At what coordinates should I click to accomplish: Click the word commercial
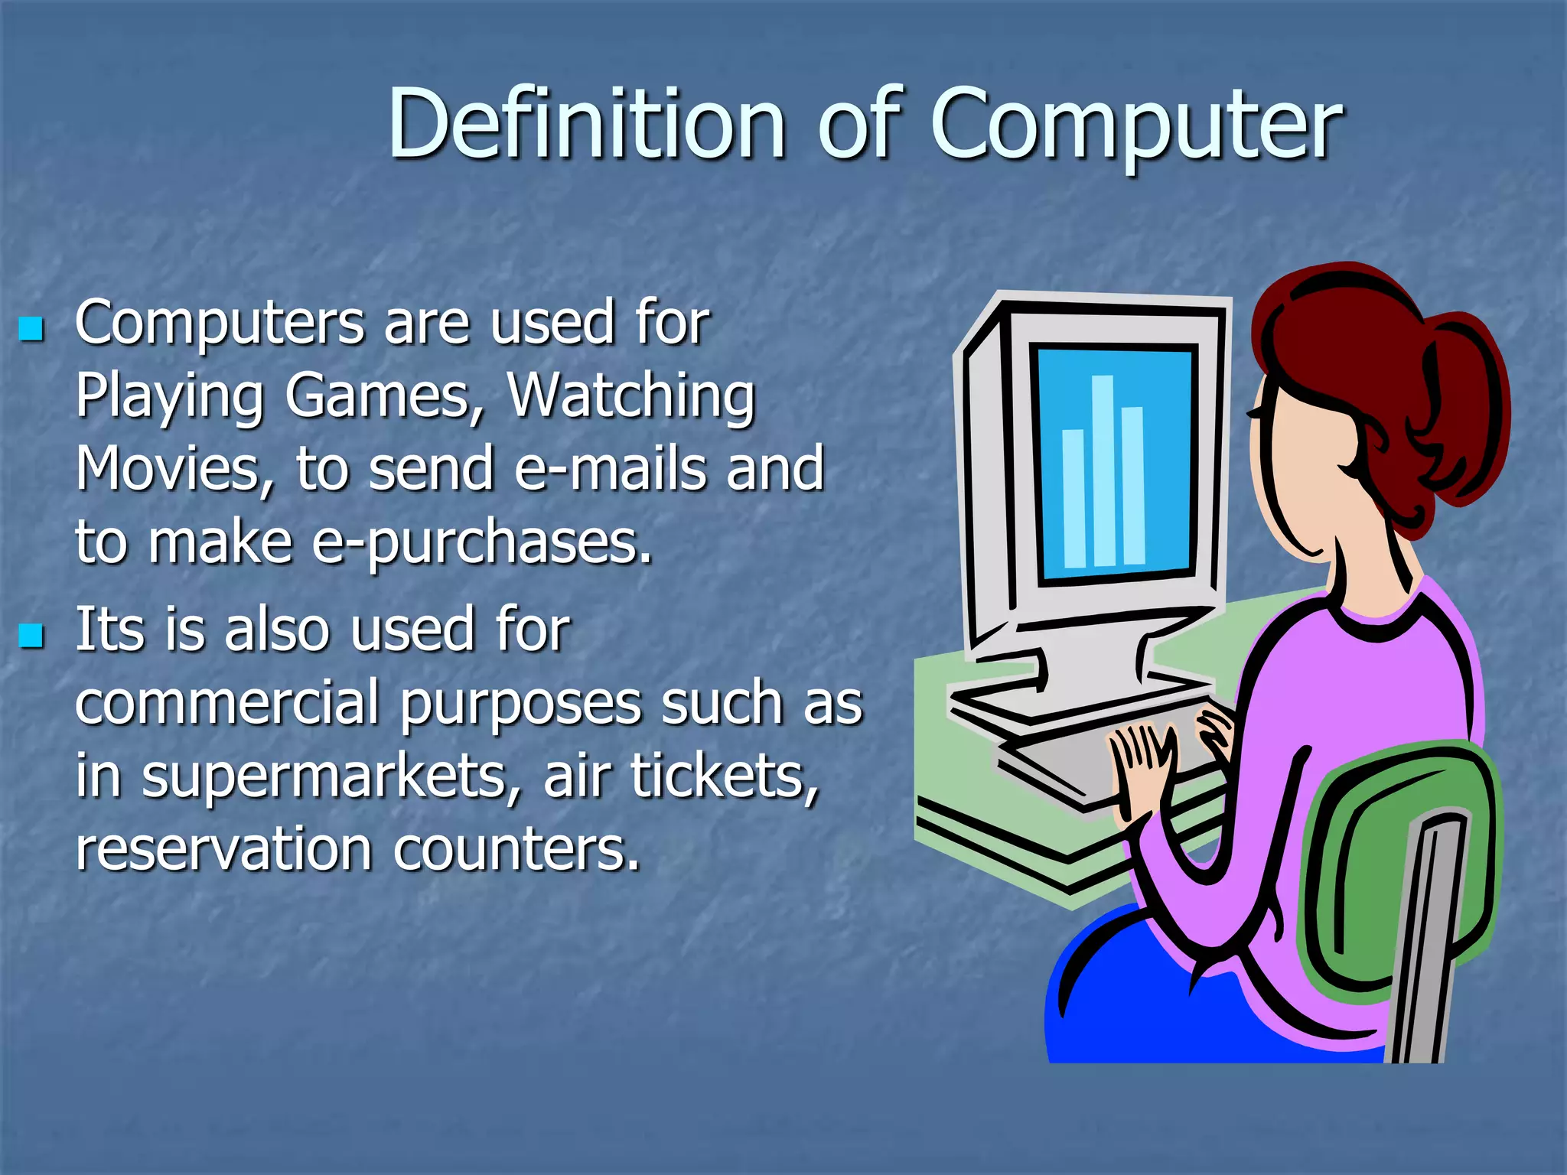point(227,702)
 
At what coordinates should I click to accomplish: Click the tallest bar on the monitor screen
point(1103,470)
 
